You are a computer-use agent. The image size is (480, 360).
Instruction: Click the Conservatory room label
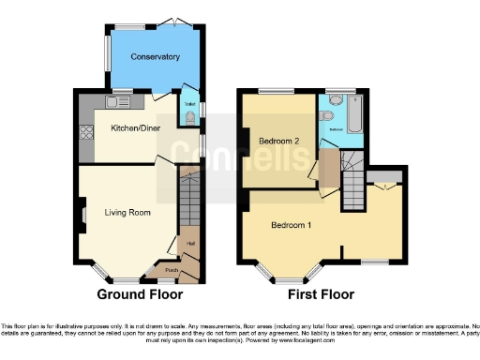tap(156, 57)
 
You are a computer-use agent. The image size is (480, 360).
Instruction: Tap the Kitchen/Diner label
tap(135, 127)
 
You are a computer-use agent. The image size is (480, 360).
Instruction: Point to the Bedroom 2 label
tap(278, 142)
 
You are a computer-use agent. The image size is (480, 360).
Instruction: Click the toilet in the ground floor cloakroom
tap(189, 114)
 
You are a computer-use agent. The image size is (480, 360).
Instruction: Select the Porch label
tap(171, 271)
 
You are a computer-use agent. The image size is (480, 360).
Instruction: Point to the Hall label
tap(189, 244)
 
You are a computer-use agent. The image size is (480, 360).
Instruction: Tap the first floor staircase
tap(353, 184)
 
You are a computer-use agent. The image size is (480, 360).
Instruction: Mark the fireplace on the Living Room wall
tap(82, 207)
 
